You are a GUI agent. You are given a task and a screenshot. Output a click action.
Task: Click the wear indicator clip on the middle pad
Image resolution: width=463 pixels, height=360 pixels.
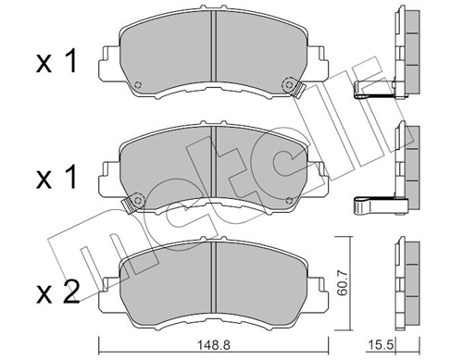[x=133, y=199]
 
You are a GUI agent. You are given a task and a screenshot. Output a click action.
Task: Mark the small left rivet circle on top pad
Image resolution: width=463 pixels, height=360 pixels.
[x=137, y=89]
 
